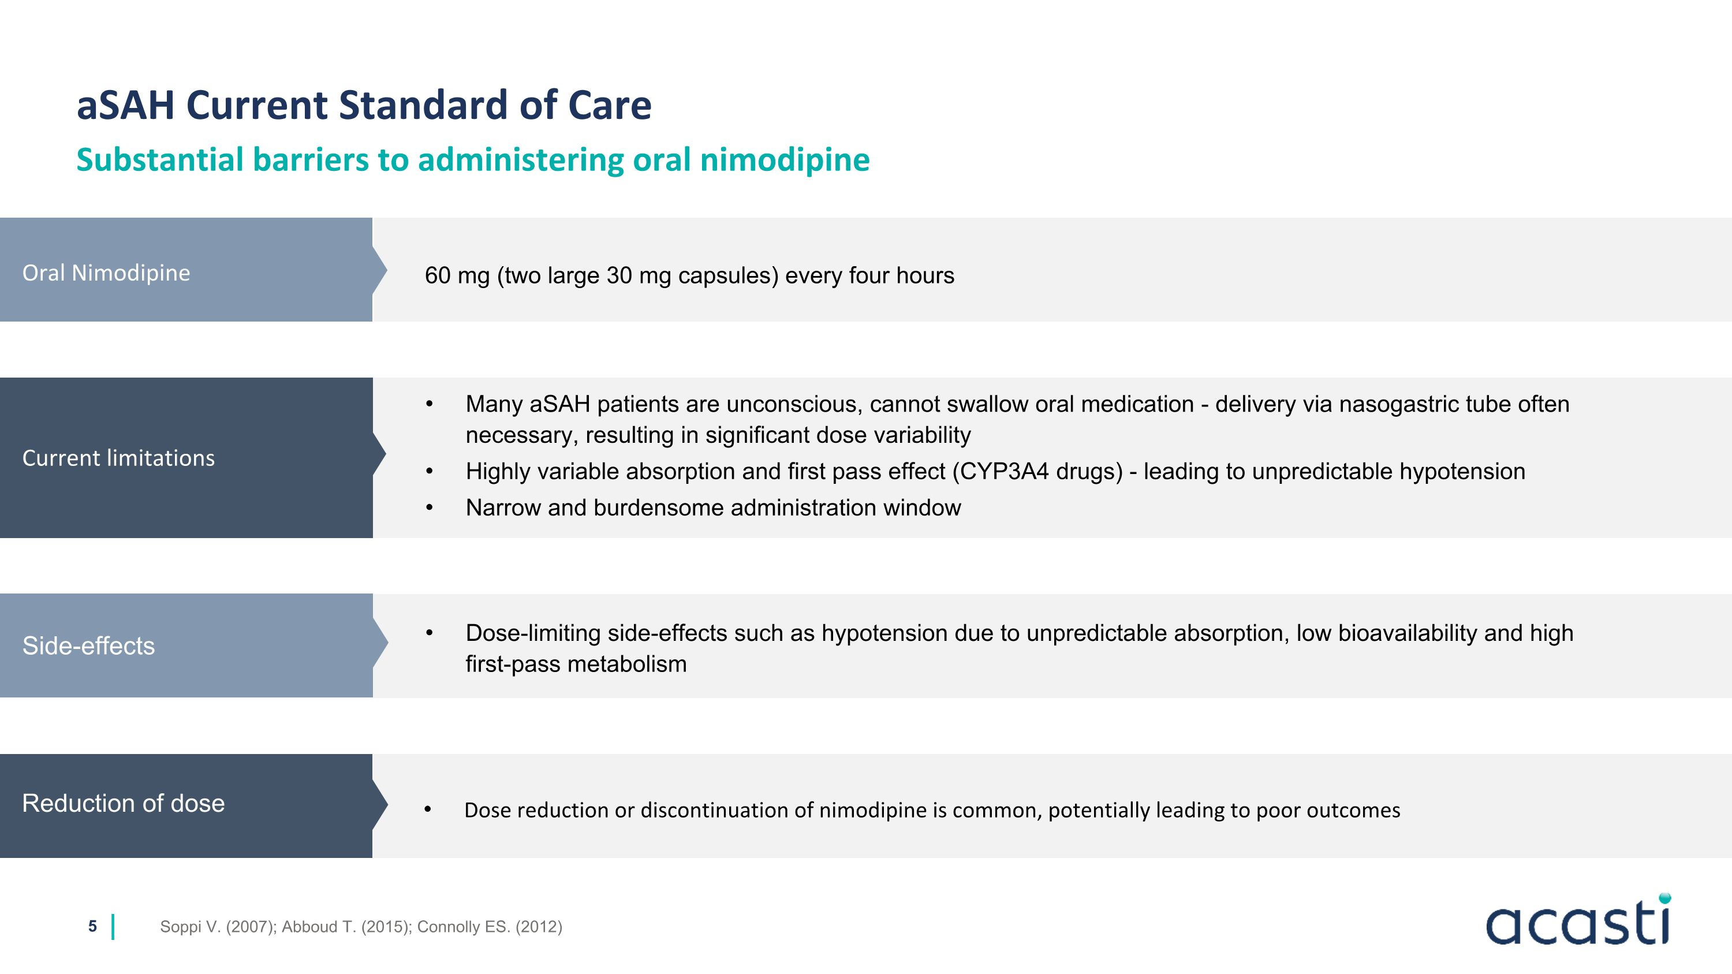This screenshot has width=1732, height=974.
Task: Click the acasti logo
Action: tap(1577, 921)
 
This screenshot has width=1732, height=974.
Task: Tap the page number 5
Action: tap(92, 926)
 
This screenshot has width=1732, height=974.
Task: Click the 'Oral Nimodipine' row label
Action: tap(106, 273)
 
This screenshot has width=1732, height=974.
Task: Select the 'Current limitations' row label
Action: tap(118, 458)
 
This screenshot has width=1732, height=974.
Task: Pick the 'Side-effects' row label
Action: tap(89, 645)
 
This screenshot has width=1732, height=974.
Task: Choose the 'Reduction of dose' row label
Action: tap(124, 803)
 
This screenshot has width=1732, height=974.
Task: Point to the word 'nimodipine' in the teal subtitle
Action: tap(785, 160)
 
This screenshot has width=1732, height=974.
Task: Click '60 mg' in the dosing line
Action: tap(457, 275)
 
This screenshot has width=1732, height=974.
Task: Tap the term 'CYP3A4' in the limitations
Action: tap(1004, 471)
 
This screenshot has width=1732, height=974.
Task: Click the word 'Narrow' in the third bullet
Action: tap(503, 507)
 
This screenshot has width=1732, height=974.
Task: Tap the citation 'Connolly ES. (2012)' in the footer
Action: tap(490, 927)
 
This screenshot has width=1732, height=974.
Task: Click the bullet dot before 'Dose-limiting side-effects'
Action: tap(429, 633)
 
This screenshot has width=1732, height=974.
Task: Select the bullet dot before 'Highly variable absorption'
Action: tap(429, 472)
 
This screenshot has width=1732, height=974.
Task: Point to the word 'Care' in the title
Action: tap(609, 106)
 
